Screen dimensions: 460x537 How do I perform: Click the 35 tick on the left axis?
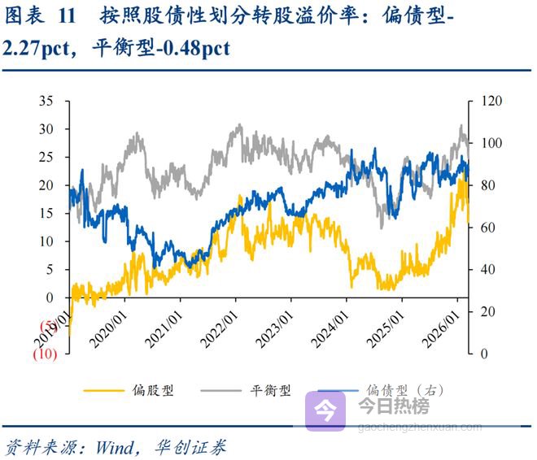[x=47, y=101]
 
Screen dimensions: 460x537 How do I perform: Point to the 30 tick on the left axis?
[x=47, y=129]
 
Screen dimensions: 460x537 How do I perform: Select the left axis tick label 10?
[x=47, y=241]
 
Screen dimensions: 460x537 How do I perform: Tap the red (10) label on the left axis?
[x=45, y=354]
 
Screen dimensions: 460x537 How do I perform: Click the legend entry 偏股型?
[x=154, y=391]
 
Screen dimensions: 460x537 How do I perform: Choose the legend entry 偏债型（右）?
[x=404, y=391]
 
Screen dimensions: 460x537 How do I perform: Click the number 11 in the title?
[x=69, y=15]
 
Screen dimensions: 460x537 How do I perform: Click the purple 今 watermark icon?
[x=325, y=411]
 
